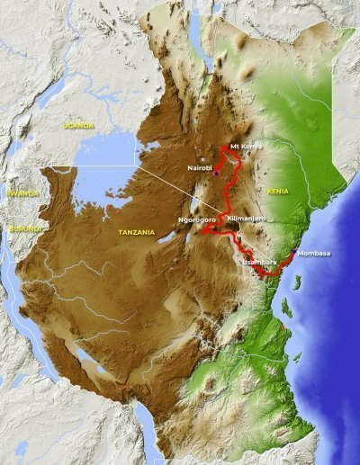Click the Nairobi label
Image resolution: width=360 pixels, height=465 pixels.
pos(199,168)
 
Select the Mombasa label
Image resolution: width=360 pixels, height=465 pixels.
pos(313,253)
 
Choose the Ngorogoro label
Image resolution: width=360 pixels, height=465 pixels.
pos(199,219)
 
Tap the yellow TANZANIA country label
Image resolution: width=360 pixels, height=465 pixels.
pos(138,232)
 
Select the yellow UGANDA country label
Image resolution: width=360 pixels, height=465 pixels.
pos(79,126)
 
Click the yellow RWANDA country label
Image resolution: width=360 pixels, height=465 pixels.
pos(21,192)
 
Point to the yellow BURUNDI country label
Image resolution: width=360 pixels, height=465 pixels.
pos(23,228)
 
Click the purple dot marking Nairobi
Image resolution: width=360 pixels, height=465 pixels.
pos(216,174)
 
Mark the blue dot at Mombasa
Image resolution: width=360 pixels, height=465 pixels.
pos(294,252)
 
